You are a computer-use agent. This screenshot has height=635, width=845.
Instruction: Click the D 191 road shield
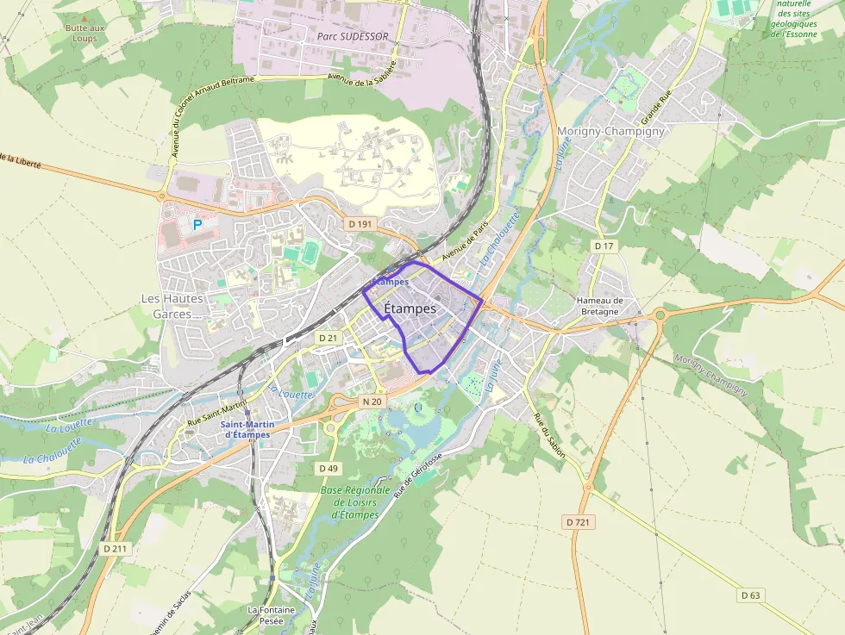pyautogui.click(x=360, y=223)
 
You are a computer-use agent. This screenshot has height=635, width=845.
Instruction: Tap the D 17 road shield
pyautogui.click(x=604, y=246)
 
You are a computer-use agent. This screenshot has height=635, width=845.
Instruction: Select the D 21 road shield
pyautogui.click(x=328, y=338)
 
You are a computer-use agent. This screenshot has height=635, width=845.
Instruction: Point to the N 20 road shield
pyautogui.click(x=372, y=401)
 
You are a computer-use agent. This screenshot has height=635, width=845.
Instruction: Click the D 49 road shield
pyautogui.click(x=328, y=468)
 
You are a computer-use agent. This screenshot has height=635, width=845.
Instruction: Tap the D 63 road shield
pyautogui.click(x=751, y=595)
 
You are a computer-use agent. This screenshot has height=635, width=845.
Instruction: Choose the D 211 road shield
pyautogui.click(x=114, y=548)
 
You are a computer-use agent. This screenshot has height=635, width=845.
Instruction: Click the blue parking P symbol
pyautogui.click(x=197, y=225)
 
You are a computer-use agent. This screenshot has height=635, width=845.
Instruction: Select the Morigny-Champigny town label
pyautogui.click(x=611, y=131)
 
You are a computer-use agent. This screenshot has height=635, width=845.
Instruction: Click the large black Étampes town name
pyautogui.click(x=410, y=308)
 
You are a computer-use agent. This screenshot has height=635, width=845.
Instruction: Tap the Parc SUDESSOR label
pyautogui.click(x=352, y=36)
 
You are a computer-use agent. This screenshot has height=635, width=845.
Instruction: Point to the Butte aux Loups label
pyautogui.click(x=84, y=33)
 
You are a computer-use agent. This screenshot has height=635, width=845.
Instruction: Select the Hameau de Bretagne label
pyautogui.click(x=600, y=306)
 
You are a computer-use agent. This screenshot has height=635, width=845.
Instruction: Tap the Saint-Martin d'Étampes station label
pyautogui.click(x=247, y=429)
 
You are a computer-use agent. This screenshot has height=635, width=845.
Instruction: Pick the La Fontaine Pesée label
pyautogui.click(x=271, y=614)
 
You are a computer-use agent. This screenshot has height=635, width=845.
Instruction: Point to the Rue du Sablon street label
pyautogui.click(x=548, y=435)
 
